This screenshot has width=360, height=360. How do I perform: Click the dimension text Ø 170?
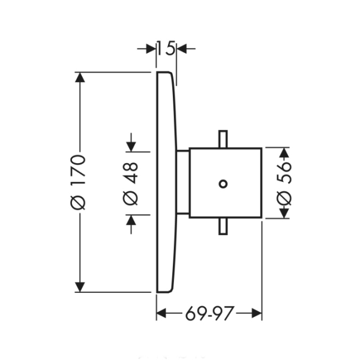[79, 182]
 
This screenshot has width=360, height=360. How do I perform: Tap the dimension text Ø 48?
[132, 182]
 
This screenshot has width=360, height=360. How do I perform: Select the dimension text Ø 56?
[284, 182]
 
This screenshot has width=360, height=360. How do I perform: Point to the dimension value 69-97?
[209, 313]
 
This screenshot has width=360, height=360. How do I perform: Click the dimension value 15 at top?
[166, 48]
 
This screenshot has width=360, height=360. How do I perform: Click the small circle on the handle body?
[224, 183]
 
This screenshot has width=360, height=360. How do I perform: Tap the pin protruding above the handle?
[224, 139]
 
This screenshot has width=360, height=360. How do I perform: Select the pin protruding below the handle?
[224, 226]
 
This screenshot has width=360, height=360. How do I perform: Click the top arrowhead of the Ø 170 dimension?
[79, 77]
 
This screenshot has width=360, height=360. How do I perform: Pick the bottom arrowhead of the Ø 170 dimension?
[79, 287]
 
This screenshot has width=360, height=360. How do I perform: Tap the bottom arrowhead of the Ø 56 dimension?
[284, 213]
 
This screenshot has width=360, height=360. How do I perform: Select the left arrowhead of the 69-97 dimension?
[161, 313]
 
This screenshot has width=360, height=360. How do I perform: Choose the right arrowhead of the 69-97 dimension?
[257, 313]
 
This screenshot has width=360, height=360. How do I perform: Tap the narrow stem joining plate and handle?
[183, 182]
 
